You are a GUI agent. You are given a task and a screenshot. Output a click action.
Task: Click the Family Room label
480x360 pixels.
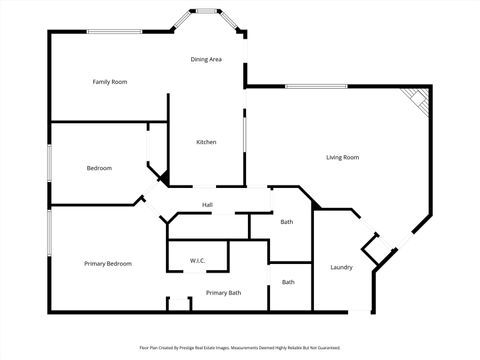tap(110, 81)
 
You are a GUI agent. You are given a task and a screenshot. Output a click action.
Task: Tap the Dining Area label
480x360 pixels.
tap(206, 60)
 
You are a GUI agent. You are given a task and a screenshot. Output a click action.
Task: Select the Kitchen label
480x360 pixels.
tap(206, 142)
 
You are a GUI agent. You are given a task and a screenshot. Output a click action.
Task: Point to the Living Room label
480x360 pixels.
tap(343, 157)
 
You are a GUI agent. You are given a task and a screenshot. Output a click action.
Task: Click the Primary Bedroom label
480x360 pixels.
tap(108, 263)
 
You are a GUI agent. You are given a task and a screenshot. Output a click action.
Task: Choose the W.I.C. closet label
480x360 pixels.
tap(197, 261)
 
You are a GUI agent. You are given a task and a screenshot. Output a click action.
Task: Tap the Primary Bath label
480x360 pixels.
tap(223, 292)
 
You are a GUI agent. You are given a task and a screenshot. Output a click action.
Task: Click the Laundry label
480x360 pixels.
tap(341, 267)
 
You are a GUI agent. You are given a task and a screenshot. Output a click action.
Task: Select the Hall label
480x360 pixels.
tap(207, 205)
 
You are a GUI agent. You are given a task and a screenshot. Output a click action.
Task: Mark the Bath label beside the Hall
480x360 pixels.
tap(287, 222)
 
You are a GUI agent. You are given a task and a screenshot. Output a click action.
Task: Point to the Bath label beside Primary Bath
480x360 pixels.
tap(288, 282)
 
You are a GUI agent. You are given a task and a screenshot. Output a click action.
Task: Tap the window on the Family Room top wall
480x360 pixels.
tap(112, 31)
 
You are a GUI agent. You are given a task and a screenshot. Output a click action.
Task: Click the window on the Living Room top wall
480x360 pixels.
tap(315, 86)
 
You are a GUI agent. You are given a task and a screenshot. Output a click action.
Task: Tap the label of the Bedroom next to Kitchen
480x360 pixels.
tap(99, 167)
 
